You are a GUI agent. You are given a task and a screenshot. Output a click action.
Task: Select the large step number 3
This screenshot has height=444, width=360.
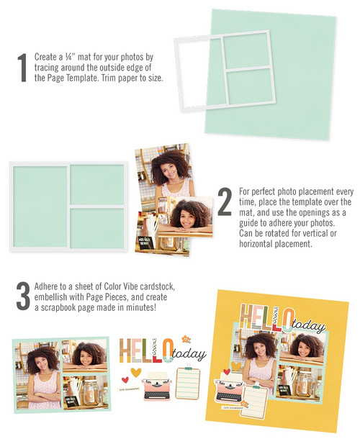point(22,295)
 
